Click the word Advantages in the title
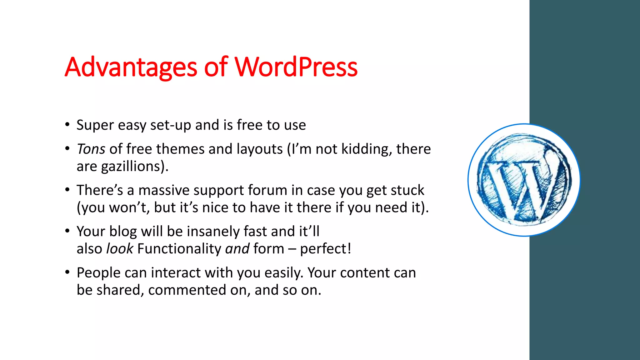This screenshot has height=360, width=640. [x=131, y=67]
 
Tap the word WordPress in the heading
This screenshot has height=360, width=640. [x=296, y=67]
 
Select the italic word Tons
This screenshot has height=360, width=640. [x=91, y=149]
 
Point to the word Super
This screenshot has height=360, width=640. [x=95, y=125]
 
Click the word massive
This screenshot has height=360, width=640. [x=164, y=190]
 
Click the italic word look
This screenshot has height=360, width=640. [x=120, y=249]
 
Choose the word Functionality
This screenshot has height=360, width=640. [x=179, y=249]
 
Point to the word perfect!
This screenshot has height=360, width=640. [x=326, y=249]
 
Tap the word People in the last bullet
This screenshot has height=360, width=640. [x=98, y=273]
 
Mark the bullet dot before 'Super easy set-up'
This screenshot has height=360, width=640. [x=67, y=125]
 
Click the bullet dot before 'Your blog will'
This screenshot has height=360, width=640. [x=67, y=231]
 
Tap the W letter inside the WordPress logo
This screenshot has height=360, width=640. [x=522, y=187]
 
